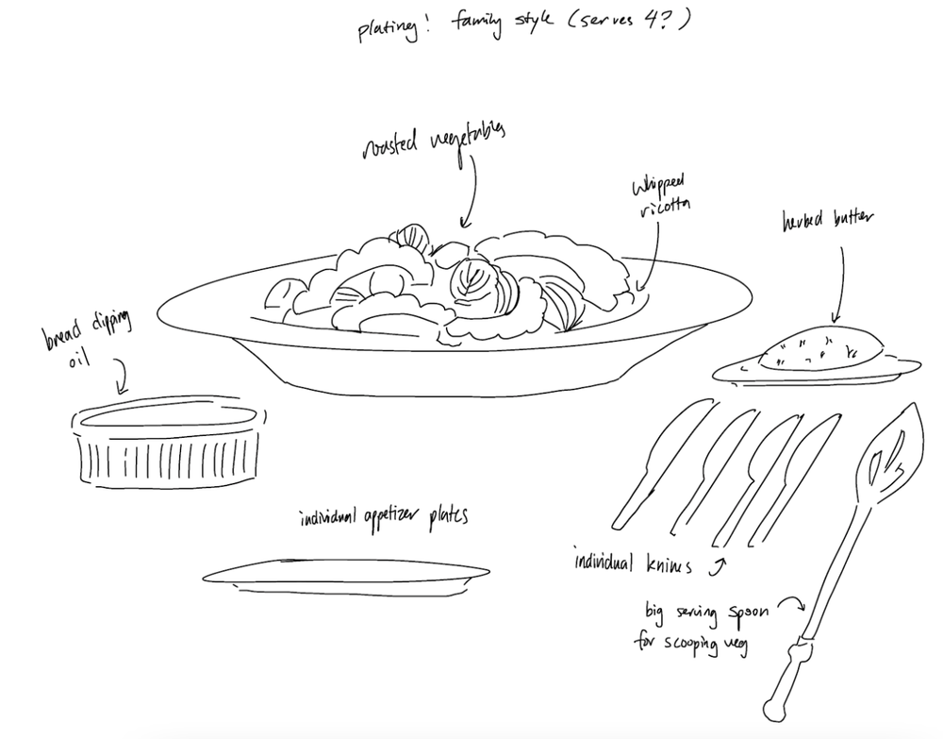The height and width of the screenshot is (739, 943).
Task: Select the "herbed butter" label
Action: coord(829,222)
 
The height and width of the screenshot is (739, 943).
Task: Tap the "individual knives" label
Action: coord(634,563)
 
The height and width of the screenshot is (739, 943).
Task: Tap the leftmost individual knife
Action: coord(661,462)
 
